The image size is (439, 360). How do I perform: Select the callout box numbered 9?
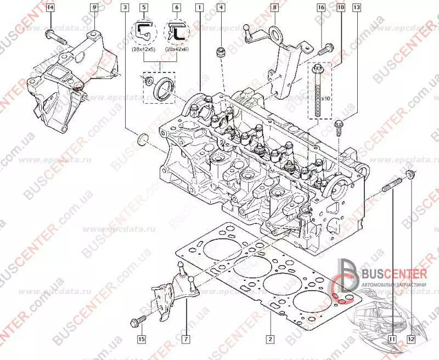click(x=94, y=8)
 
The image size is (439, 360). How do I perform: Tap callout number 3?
click(x=126, y=8)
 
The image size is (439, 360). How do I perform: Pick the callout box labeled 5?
click(x=144, y=8)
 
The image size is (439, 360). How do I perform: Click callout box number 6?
click(x=177, y=8)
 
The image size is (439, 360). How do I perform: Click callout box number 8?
click(x=274, y=8)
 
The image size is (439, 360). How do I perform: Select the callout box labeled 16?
click(x=321, y=8)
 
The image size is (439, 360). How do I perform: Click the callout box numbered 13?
click(x=357, y=8)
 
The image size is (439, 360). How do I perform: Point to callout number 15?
click(x=141, y=339)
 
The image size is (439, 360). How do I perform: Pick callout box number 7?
click(x=186, y=339)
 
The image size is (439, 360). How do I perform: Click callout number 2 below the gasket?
click(x=270, y=339)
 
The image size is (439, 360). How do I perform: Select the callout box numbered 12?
click(x=412, y=339)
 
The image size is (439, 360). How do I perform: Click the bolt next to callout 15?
click(x=138, y=319)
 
